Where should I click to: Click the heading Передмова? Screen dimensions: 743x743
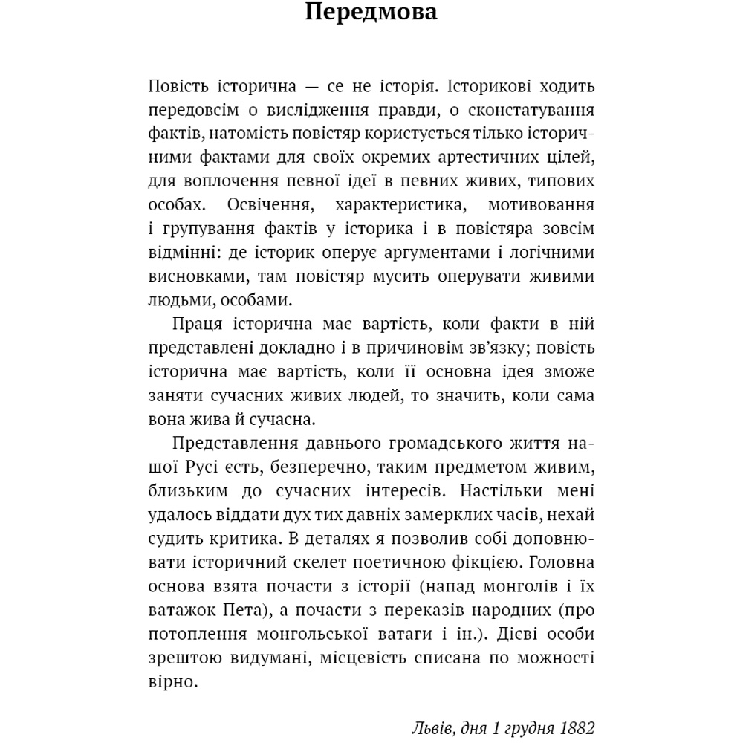click(371, 14)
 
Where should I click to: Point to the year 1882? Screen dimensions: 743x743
click(577, 726)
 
